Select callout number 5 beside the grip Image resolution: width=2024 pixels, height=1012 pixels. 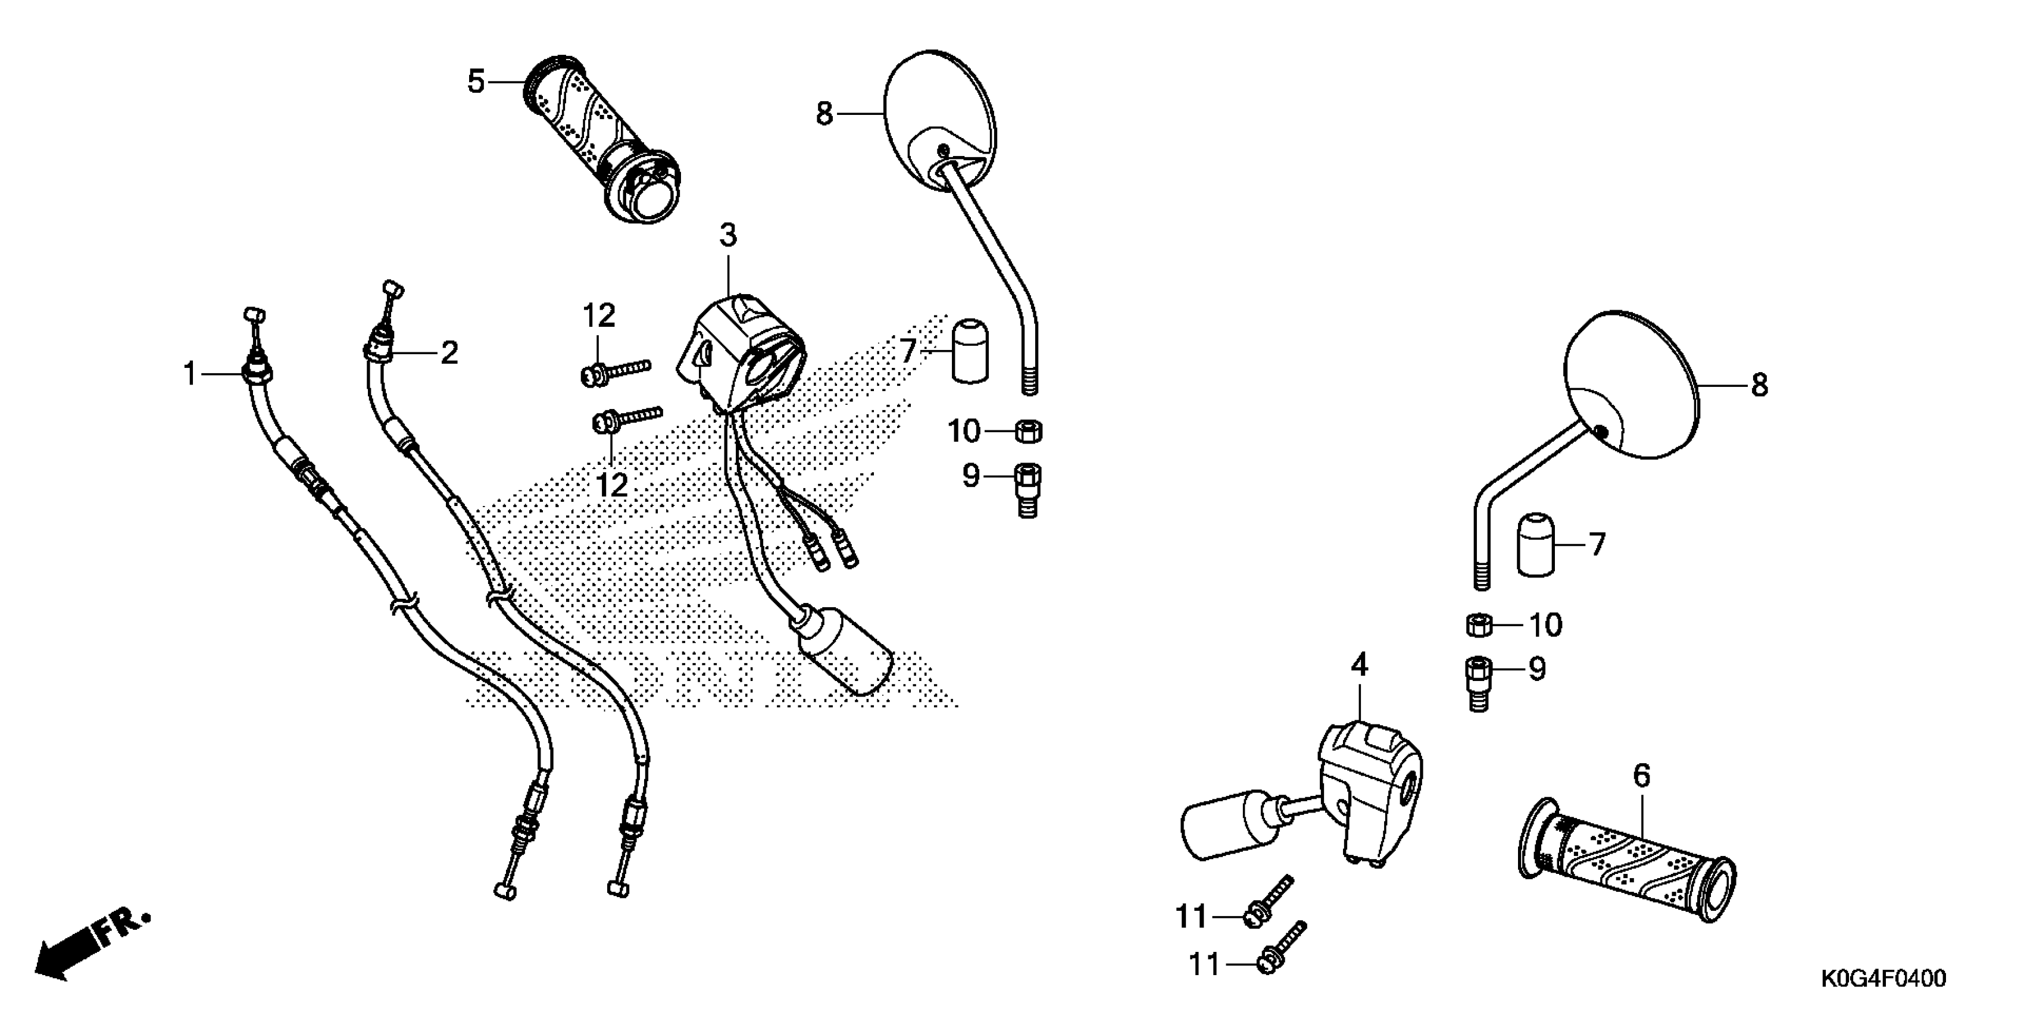[x=476, y=82]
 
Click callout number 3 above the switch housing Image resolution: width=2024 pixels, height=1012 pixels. [x=729, y=235]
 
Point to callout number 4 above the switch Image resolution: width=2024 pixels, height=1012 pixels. [x=1359, y=666]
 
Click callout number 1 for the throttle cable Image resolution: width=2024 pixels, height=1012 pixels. [x=189, y=374]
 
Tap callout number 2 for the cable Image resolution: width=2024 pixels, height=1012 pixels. [x=449, y=353]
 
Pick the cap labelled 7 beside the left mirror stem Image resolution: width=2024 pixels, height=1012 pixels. [x=970, y=351]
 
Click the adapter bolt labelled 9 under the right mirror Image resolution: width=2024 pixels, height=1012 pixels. [x=1478, y=683]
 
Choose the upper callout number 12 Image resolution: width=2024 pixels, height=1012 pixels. [x=599, y=316]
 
